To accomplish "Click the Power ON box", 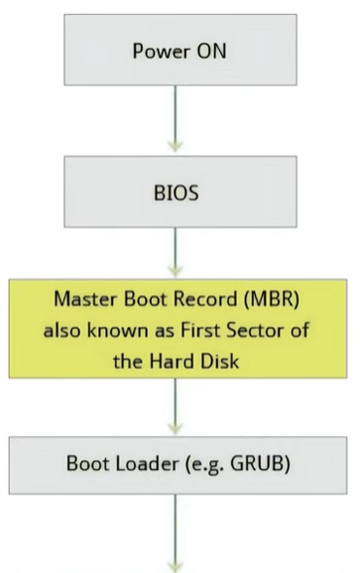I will (180, 49).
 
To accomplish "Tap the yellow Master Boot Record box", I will (180, 328).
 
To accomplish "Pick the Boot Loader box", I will (180, 462).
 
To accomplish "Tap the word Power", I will (158, 50).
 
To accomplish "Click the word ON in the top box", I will (206, 50).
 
